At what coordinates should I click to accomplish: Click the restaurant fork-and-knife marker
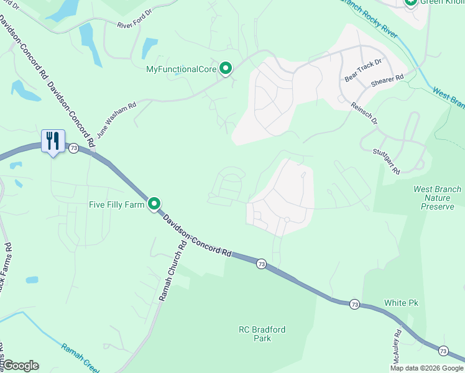52,141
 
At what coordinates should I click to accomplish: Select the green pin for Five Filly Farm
154,203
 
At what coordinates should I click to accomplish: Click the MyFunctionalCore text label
181,69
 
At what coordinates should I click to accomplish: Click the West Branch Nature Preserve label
437,198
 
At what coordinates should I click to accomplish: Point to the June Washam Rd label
116,121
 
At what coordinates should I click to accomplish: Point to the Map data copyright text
426,368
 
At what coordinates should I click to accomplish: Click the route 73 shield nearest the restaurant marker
74,148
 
